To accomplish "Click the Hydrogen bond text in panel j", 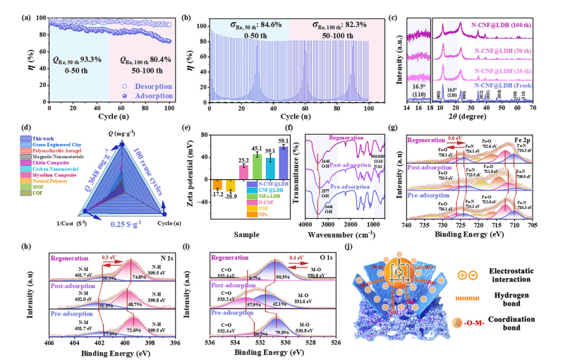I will point(519,292).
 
